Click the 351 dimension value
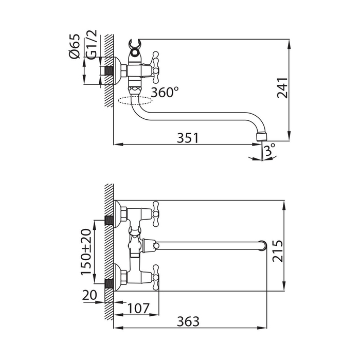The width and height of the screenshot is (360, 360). (187, 138)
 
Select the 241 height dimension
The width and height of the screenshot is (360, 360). (282, 88)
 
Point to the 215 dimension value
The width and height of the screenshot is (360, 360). (278, 251)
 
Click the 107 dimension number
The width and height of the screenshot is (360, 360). (138, 308)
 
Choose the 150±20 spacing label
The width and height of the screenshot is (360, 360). (86, 252)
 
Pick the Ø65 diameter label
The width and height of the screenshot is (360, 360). (74, 46)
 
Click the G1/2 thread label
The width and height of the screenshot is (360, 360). (92, 45)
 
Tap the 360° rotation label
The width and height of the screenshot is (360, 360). (165, 92)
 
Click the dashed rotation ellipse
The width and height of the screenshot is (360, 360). (135, 101)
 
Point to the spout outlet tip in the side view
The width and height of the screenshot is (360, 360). (261, 137)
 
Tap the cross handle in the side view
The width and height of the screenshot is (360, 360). (155, 67)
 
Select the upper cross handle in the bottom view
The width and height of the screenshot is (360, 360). (156, 214)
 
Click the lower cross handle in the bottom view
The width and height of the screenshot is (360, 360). (156, 278)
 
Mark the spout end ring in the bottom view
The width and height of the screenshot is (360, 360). (263, 245)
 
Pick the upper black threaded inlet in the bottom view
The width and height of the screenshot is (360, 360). (109, 220)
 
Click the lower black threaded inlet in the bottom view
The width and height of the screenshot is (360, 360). (109, 284)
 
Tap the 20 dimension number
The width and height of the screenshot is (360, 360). (90, 295)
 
